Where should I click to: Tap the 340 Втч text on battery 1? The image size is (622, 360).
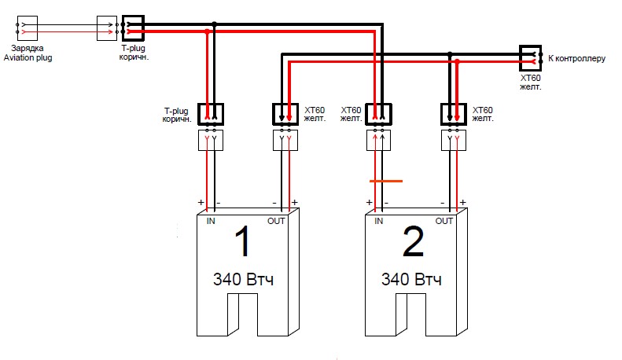(243, 280)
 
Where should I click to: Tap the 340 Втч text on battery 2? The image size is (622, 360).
(411, 280)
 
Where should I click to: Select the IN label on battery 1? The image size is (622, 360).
(211, 221)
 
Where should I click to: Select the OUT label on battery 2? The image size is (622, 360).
(443, 221)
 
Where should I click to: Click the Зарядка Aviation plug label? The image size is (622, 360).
(28, 53)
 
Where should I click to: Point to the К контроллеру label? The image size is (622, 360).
(576, 58)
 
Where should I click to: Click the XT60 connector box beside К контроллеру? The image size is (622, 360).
(531, 58)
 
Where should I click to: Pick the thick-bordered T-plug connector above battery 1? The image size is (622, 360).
(211, 114)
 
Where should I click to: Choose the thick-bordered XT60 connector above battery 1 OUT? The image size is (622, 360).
(285, 114)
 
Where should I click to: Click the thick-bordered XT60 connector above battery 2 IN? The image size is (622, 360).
(378, 114)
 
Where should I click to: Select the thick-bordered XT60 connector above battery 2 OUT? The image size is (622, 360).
(454, 114)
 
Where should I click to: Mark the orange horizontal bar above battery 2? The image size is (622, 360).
(386, 182)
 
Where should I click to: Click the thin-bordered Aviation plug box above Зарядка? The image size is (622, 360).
(28, 28)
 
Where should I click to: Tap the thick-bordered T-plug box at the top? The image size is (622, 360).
(133, 28)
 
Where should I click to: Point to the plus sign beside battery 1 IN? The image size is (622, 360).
(201, 203)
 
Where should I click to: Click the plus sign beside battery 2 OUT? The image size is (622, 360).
(462, 203)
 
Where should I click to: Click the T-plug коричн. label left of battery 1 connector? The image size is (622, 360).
(176, 115)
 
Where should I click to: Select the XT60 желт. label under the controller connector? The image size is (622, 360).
(530, 82)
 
